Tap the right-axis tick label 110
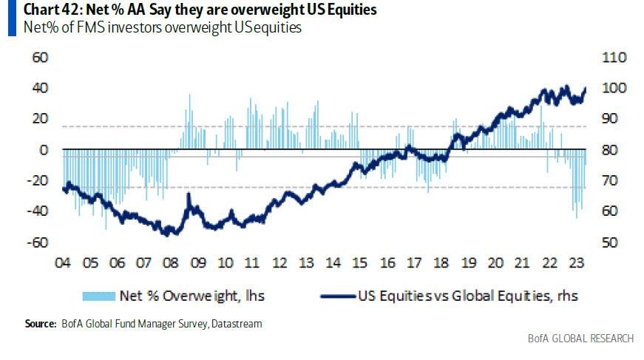[x=617, y=57]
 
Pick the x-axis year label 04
[x=64, y=262]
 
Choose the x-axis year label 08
[x=171, y=262]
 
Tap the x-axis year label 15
[x=359, y=262]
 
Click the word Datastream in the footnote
[x=236, y=324]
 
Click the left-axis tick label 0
[x=44, y=150]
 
